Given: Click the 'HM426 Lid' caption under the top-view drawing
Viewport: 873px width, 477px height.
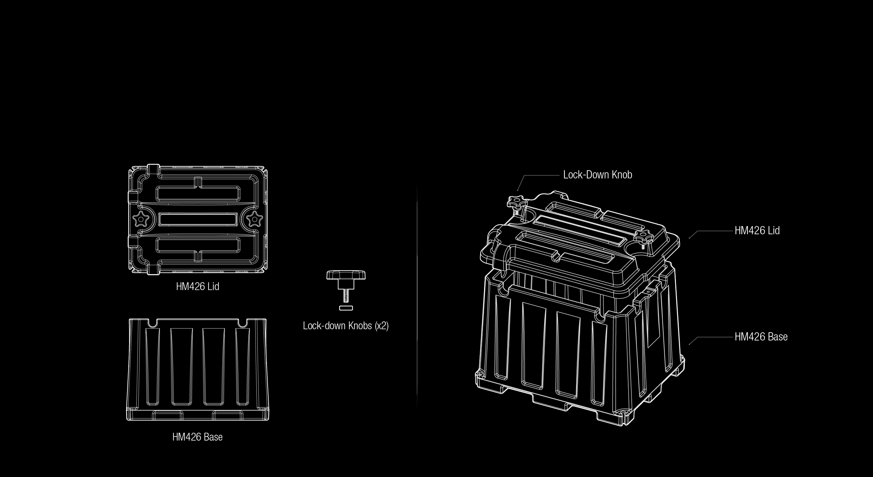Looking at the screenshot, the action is click(x=197, y=286).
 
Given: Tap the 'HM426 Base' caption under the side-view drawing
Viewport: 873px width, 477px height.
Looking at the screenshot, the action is click(x=197, y=437).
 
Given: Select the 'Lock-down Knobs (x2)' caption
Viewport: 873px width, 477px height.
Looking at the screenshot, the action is click(x=346, y=326).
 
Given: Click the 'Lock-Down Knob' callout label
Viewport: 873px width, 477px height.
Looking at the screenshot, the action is click(x=598, y=175).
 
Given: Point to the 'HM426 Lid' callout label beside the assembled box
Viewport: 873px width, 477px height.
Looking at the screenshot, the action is click(x=757, y=230).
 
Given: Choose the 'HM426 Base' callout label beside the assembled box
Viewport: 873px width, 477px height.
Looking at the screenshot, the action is click(x=761, y=337).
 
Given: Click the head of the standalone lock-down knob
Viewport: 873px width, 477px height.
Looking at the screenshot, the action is click(x=346, y=275).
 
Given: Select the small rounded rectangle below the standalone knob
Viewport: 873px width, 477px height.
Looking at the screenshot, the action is click(x=346, y=308).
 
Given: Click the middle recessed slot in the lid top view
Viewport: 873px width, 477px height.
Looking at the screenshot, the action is click(x=198, y=219).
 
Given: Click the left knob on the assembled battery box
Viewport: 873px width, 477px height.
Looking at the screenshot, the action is click(x=516, y=205).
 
